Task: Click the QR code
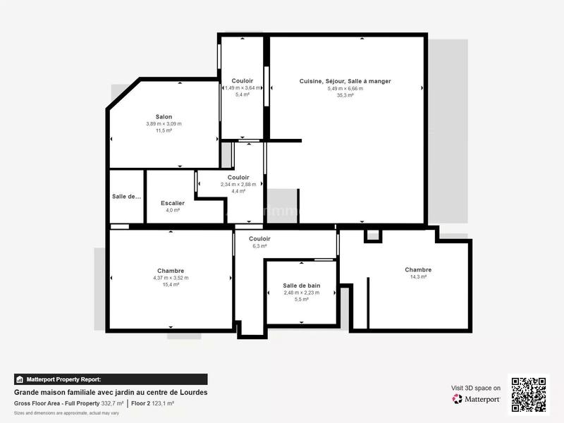529,394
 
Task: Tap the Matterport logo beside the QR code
477,399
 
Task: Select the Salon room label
164,117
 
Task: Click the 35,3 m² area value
345,95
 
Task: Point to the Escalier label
173,203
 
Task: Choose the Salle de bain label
302,286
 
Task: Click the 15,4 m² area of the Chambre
171,284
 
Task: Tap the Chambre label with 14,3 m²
418,270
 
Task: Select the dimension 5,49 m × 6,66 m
345,88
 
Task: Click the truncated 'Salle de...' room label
127,196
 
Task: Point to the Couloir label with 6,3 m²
260,239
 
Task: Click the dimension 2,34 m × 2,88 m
238,185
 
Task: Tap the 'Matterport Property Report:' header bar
111,379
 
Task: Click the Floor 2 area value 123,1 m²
162,403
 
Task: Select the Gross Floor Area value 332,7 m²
111,403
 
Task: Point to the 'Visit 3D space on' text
476,388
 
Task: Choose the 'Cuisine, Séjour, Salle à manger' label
345,81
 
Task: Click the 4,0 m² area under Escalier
173,210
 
